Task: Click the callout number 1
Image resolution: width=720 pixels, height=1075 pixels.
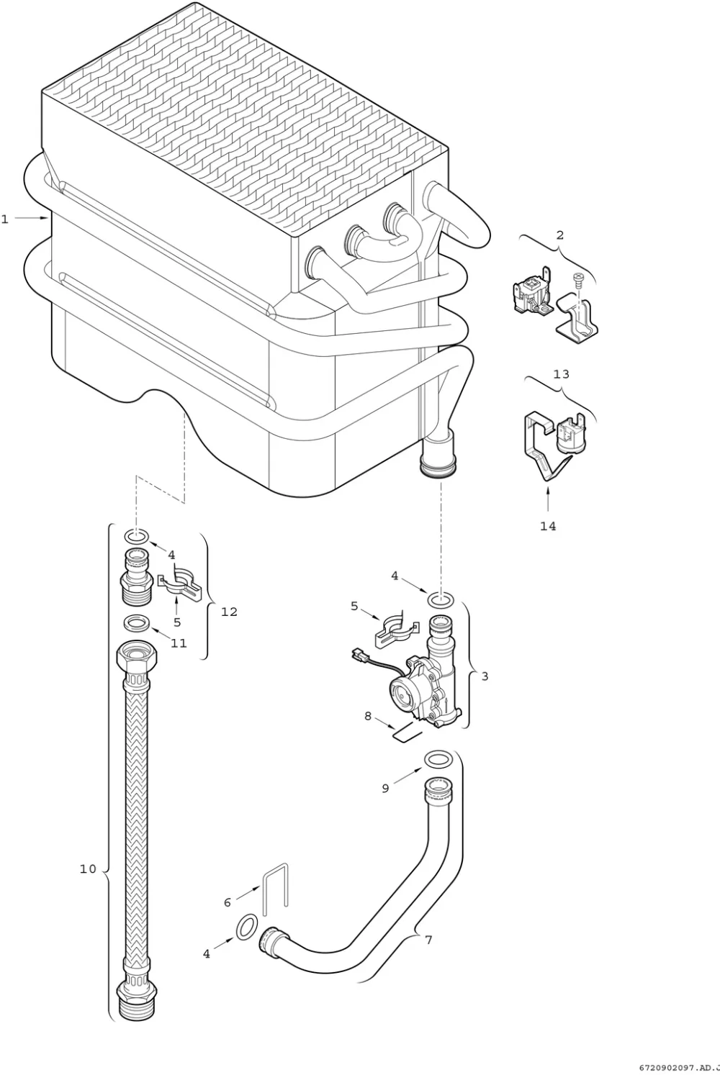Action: click(5, 219)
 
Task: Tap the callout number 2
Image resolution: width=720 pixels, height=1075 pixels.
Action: click(559, 235)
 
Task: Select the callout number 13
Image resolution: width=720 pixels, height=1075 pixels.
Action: click(561, 373)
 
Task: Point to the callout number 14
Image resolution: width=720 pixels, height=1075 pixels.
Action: click(548, 526)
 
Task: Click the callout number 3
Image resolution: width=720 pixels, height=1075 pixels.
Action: click(485, 676)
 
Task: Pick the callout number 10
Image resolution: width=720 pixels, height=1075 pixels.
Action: click(88, 868)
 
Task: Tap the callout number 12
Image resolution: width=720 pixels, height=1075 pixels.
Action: click(229, 612)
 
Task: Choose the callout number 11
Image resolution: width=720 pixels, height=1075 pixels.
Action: click(179, 643)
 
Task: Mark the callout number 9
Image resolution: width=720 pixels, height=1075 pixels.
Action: click(385, 788)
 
